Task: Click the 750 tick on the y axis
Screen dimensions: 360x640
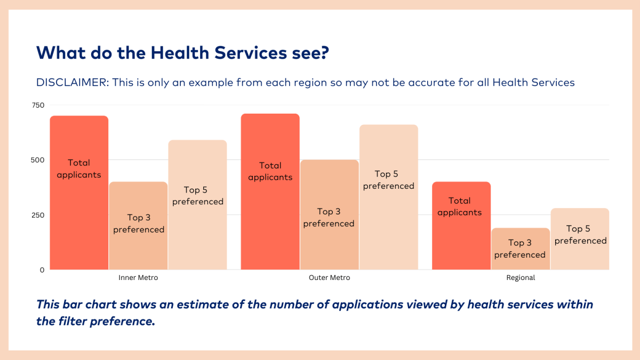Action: [x=37, y=105]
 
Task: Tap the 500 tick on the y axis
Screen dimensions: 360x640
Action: [x=37, y=160]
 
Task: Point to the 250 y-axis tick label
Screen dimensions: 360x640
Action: [x=37, y=215]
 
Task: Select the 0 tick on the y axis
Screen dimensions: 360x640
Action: [x=42, y=270]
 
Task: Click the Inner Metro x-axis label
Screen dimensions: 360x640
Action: [x=138, y=278]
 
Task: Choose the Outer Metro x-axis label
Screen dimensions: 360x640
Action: [x=329, y=278]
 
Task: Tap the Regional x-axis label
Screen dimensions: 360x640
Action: [x=520, y=278]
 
